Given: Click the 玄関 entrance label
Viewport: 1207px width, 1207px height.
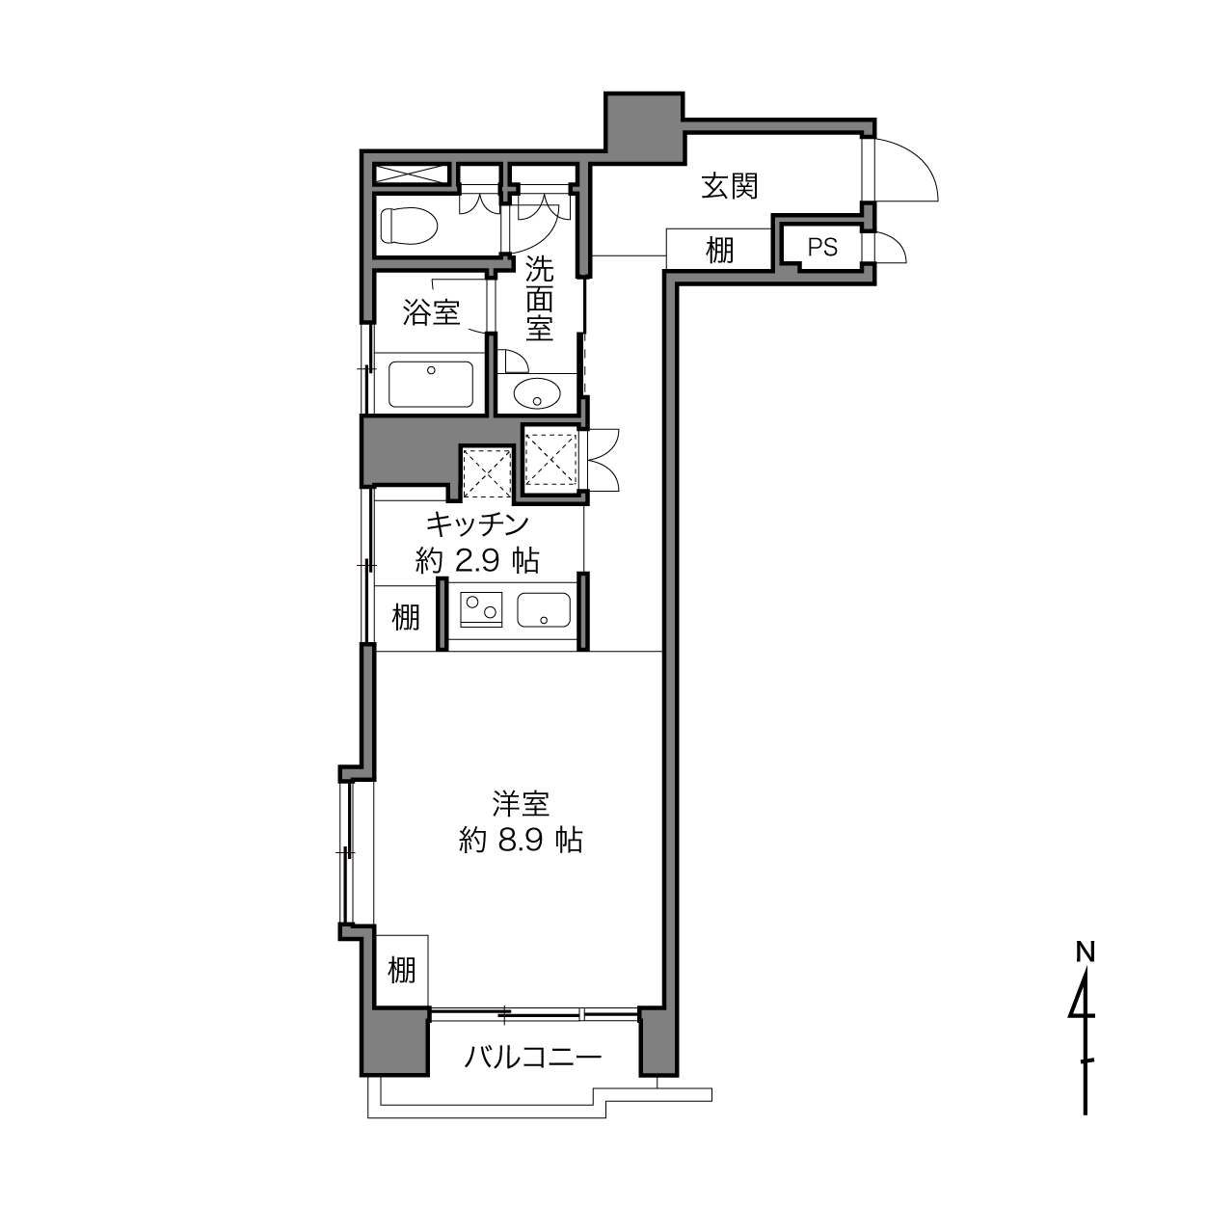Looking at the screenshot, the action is click(x=729, y=186).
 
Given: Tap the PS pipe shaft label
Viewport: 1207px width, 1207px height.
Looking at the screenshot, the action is click(x=822, y=248).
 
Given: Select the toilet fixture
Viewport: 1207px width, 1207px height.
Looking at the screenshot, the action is click(x=409, y=226).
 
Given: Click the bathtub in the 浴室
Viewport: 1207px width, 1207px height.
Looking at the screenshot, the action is click(x=430, y=384).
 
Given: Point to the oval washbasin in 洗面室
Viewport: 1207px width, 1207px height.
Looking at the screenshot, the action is click(x=537, y=393).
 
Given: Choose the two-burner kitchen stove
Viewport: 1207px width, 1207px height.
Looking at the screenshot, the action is click(x=481, y=609).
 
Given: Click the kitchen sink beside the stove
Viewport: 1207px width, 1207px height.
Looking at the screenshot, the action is click(x=543, y=609).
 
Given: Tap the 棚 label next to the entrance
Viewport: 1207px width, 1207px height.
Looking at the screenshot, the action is click(x=720, y=251).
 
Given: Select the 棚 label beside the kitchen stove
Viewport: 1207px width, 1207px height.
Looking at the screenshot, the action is click(x=406, y=618).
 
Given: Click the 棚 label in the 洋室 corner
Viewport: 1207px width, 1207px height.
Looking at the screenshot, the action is click(x=401, y=971).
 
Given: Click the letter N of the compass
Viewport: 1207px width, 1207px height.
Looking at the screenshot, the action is click(x=1086, y=952).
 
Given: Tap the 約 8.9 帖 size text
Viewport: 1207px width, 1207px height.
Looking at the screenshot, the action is click(x=521, y=840).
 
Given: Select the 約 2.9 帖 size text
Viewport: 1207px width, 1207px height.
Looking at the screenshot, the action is click(x=477, y=560).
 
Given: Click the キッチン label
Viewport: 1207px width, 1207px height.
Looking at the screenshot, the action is click(x=477, y=524).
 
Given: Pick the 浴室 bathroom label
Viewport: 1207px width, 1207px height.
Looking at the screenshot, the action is click(x=432, y=312).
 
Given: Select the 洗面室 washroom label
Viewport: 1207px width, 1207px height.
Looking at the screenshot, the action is click(x=539, y=298).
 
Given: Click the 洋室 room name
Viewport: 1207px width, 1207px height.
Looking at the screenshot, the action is click(x=521, y=804).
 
